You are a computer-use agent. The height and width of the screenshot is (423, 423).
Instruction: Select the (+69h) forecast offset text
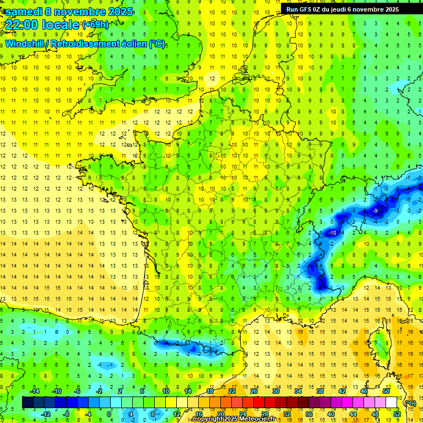pos(95,24)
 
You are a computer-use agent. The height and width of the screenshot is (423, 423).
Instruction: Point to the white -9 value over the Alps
pos(375,210)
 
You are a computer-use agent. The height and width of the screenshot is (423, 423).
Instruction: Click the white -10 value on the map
pos(332,233)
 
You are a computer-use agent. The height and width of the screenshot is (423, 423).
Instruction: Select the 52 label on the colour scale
pos(397,414)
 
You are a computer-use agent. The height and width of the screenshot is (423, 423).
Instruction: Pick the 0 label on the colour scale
pos(109,414)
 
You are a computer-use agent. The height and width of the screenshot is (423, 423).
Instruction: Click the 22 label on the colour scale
pos(232,391)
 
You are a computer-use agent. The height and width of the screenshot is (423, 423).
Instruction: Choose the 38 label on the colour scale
pos(320,391)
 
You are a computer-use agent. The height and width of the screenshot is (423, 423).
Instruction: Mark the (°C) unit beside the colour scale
pos(410,403)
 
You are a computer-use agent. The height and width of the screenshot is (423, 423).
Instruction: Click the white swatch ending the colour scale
pos(392,403)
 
